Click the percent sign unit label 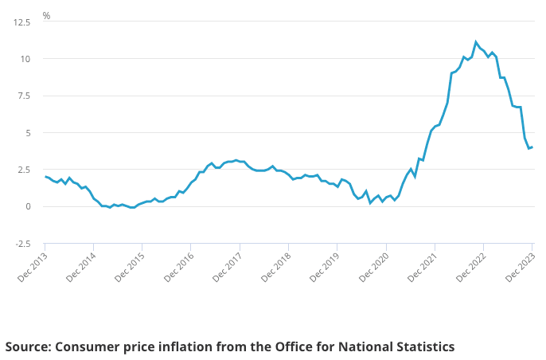(46, 16)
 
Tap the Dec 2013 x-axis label (32, 267)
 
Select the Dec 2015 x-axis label (129, 267)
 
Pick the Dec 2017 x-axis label (226, 267)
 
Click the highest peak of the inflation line (476, 42)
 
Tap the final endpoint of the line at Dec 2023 (532, 147)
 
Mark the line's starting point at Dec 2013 (45, 177)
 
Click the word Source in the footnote (29, 346)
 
